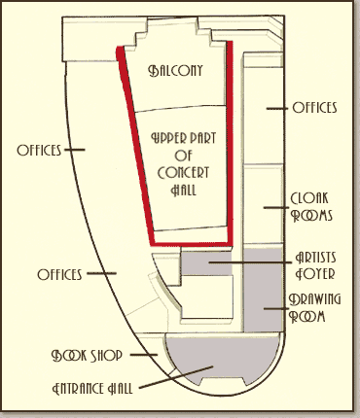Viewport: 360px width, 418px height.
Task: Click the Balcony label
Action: tap(175, 70)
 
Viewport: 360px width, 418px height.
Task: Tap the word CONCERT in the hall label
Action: tap(183, 172)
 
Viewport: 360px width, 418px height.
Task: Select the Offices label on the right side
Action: tap(314, 108)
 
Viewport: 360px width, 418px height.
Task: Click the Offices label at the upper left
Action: tap(39, 150)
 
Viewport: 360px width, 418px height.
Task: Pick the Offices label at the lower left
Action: tap(59, 274)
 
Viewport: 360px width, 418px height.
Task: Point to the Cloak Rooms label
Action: tap(311, 207)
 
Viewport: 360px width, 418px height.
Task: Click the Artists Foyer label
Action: tap(315, 265)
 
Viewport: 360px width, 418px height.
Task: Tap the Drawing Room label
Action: tap(314, 308)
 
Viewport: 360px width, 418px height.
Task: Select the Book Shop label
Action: tap(87, 356)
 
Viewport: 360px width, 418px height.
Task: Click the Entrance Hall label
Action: tap(92, 388)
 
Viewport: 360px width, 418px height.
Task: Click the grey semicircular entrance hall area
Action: tap(223, 360)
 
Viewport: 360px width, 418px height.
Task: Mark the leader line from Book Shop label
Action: tap(144, 355)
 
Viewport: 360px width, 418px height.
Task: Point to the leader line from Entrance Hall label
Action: tap(176, 377)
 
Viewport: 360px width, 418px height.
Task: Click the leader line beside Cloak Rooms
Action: tap(276, 207)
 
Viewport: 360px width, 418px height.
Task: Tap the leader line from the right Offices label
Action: tap(277, 108)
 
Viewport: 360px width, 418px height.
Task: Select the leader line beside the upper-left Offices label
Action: tap(75, 150)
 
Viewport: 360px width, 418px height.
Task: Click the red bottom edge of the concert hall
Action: tap(192, 243)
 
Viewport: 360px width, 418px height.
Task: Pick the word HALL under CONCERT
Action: tap(184, 190)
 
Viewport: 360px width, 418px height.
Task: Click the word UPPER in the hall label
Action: tap(167, 139)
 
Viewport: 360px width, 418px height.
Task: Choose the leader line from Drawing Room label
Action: tap(276, 309)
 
